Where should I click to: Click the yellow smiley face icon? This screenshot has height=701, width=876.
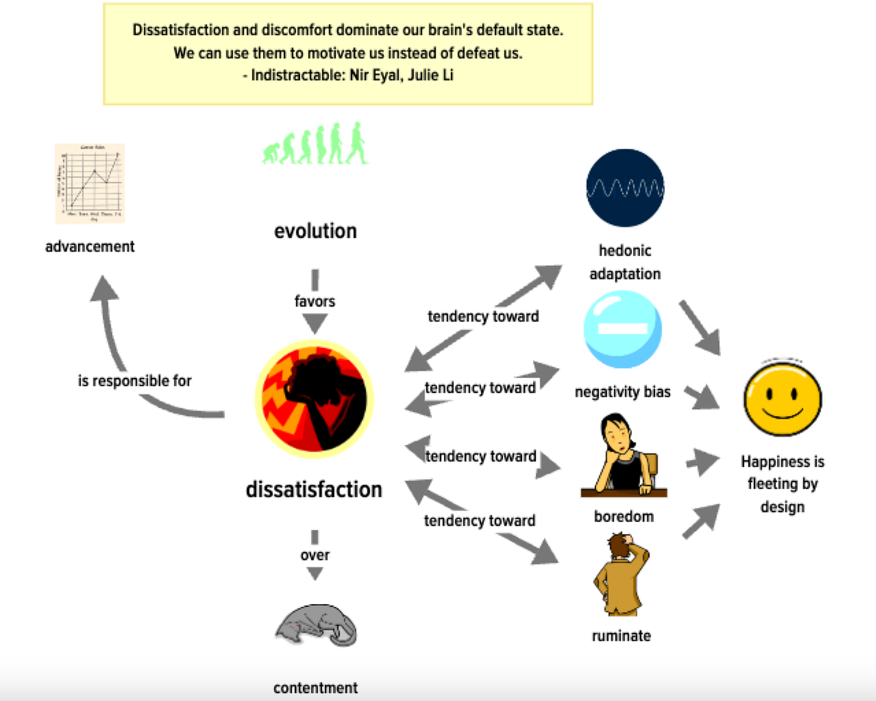point(783,399)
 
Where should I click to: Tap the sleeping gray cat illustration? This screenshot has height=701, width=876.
point(317,624)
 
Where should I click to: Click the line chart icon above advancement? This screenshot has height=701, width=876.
point(90,183)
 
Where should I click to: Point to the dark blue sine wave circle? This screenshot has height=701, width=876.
point(626,188)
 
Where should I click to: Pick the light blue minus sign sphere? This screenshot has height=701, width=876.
point(623,329)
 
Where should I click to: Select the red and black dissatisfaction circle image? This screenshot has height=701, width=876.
point(315,398)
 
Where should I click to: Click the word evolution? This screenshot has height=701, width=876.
point(315,231)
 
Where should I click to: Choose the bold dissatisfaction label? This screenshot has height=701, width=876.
point(314,489)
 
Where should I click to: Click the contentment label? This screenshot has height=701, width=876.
point(315,688)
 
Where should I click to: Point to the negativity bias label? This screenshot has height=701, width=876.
point(623,392)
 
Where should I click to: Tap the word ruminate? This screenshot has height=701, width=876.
point(621,636)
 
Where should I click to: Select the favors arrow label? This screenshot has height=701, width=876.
point(315,301)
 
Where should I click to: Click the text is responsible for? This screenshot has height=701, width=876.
point(135,380)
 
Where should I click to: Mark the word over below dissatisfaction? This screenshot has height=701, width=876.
point(315,555)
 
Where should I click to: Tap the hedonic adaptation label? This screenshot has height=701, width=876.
point(625,262)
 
